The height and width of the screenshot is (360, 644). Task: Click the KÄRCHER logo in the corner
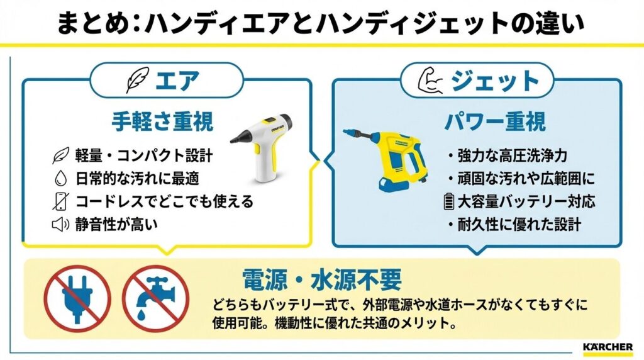pos(608,346)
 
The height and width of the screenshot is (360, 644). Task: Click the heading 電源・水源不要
pos(321,279)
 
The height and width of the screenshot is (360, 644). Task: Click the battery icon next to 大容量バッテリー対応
pos(448,202)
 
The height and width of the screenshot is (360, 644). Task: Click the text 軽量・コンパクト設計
pos(144,156)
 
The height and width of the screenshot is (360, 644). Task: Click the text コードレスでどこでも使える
pos(164,201)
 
